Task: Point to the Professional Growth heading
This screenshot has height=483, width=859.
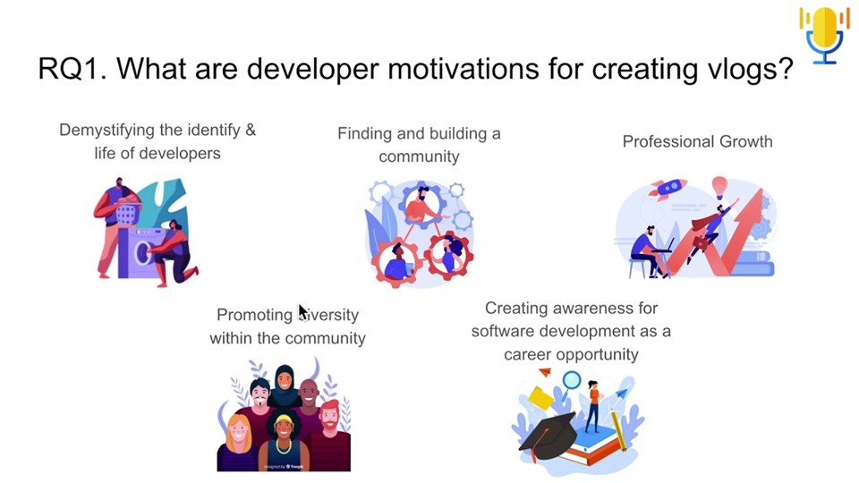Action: [x=697, y=141]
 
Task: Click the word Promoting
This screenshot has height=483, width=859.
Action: [x=254, y=315]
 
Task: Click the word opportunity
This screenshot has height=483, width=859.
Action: [x=597, y=354]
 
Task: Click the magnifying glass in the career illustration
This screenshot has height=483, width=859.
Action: [x=572, y=383]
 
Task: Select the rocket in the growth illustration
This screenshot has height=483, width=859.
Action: [x=668, y=191]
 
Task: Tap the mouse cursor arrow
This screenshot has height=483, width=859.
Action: [x=302, y=312]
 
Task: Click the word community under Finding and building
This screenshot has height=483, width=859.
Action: [x=419, y=157]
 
